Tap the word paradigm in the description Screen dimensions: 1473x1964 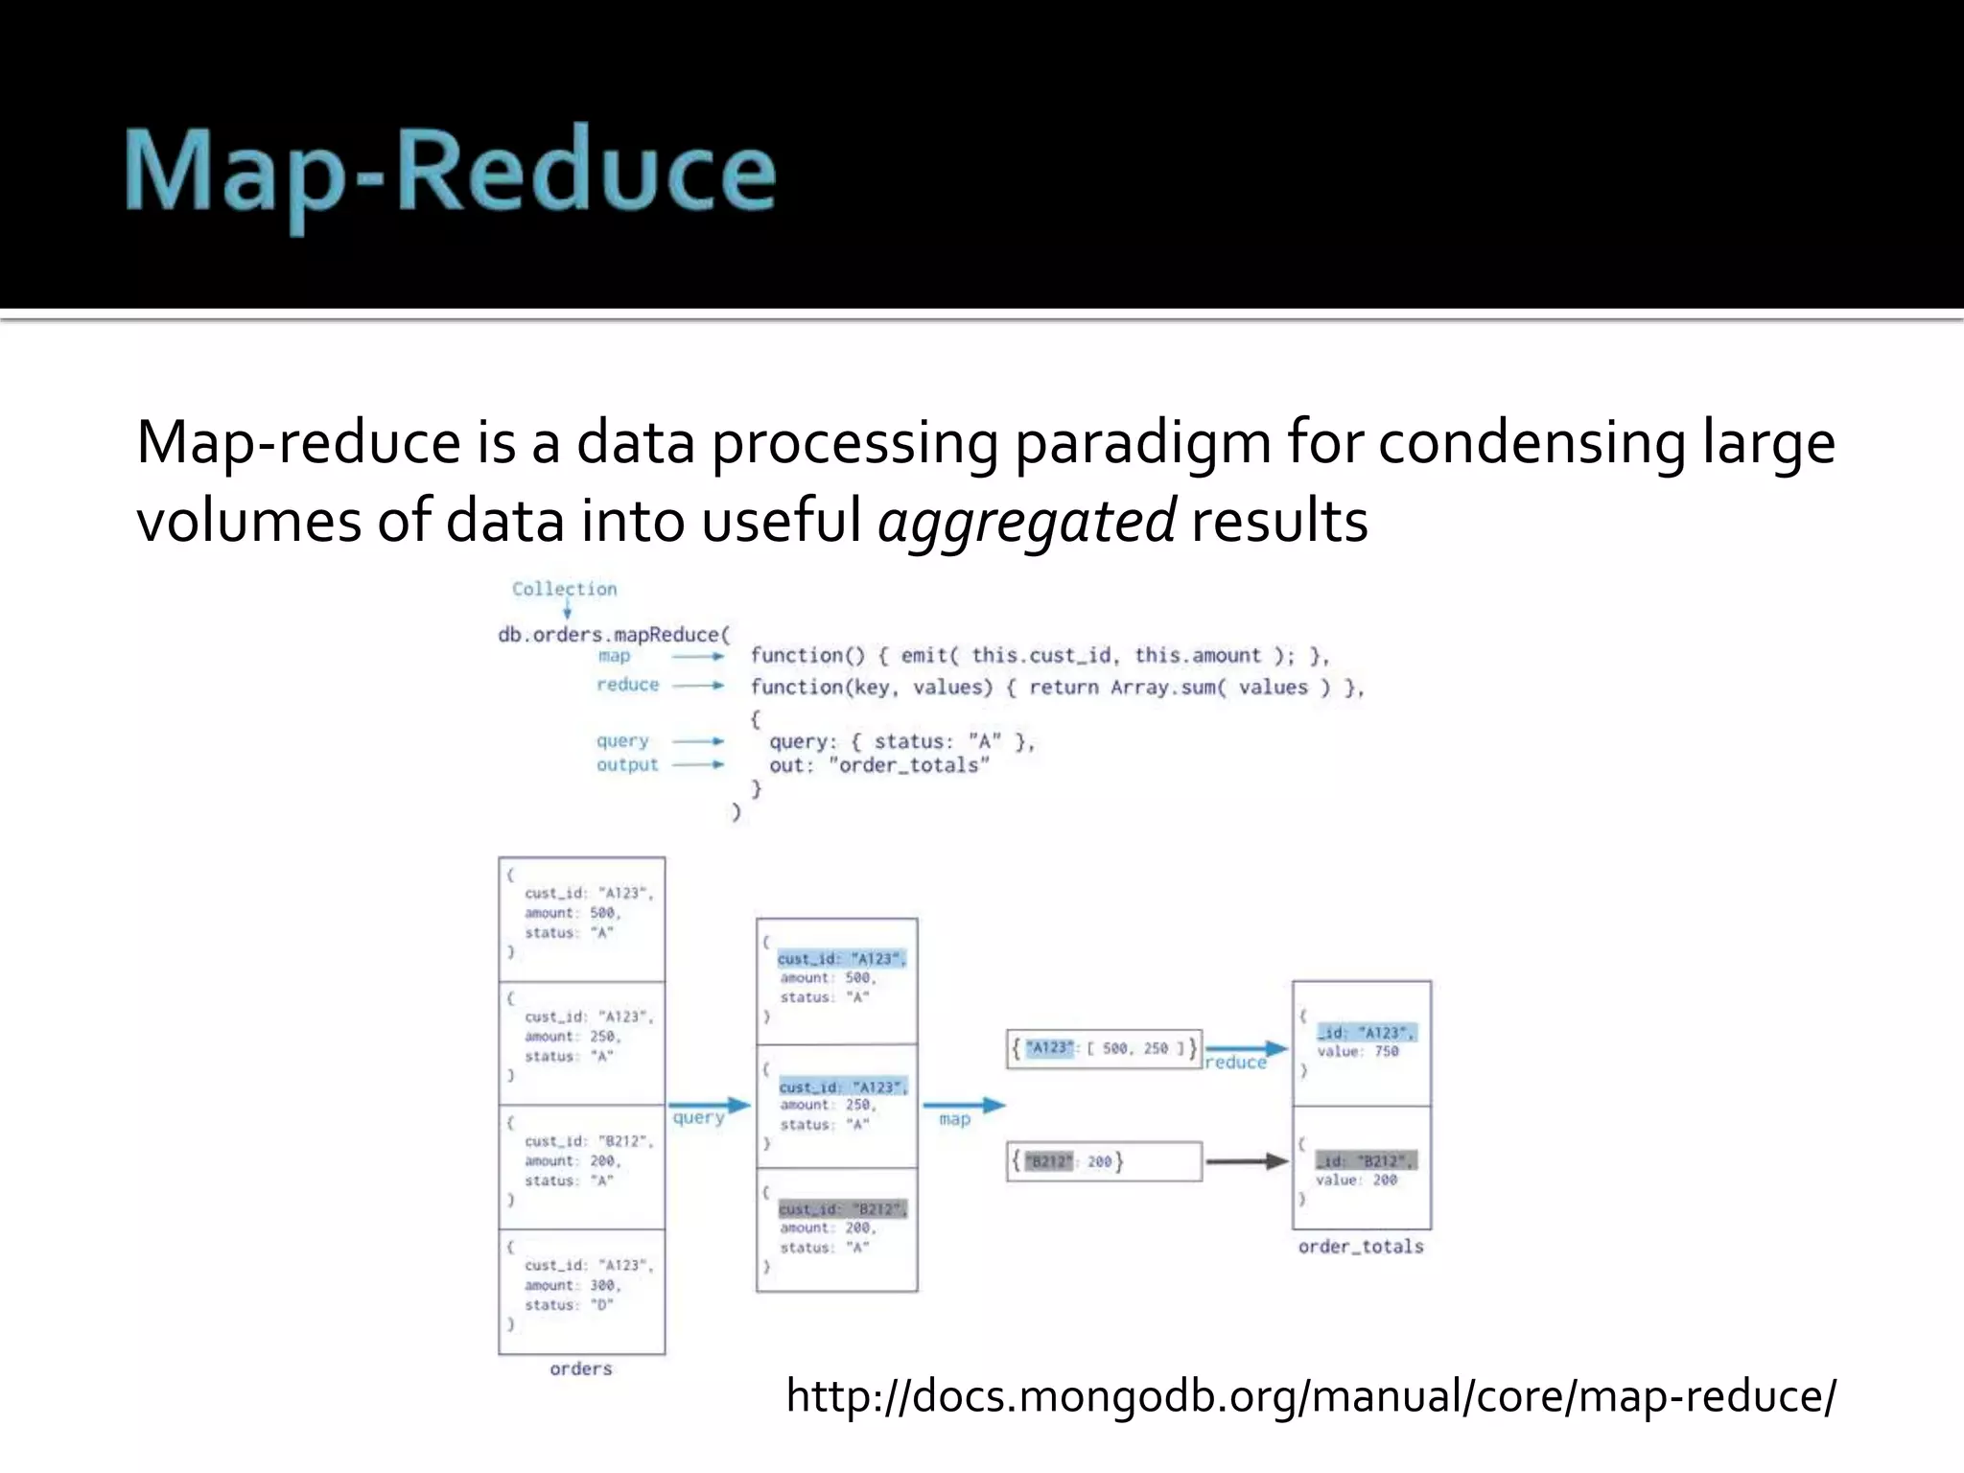tap(1142, 443)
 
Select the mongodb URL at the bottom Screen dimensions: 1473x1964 tap(1310, 1395)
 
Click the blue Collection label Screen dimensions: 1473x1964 tap(564, 589)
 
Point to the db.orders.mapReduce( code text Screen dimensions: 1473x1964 tap(614, 635)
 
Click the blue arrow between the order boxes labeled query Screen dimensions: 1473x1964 tap(709, 1105)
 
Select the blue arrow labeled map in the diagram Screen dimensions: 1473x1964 tap(963, 1105)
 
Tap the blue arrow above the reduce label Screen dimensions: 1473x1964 tap(1245, 1048)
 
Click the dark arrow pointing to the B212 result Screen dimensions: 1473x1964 tap(1246, 1161)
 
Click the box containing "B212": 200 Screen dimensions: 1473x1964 tap(1103, 1161)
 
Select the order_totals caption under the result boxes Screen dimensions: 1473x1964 tap(1361, 1247)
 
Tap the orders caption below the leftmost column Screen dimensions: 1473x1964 tap(581, 1368)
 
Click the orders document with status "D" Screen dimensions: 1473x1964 tap(581, 1291)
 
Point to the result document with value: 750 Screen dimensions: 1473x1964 tap(1361, 1042)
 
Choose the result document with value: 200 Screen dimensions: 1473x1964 tap(1361, 1168)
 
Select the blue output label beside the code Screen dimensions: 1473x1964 tap(627, 765)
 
